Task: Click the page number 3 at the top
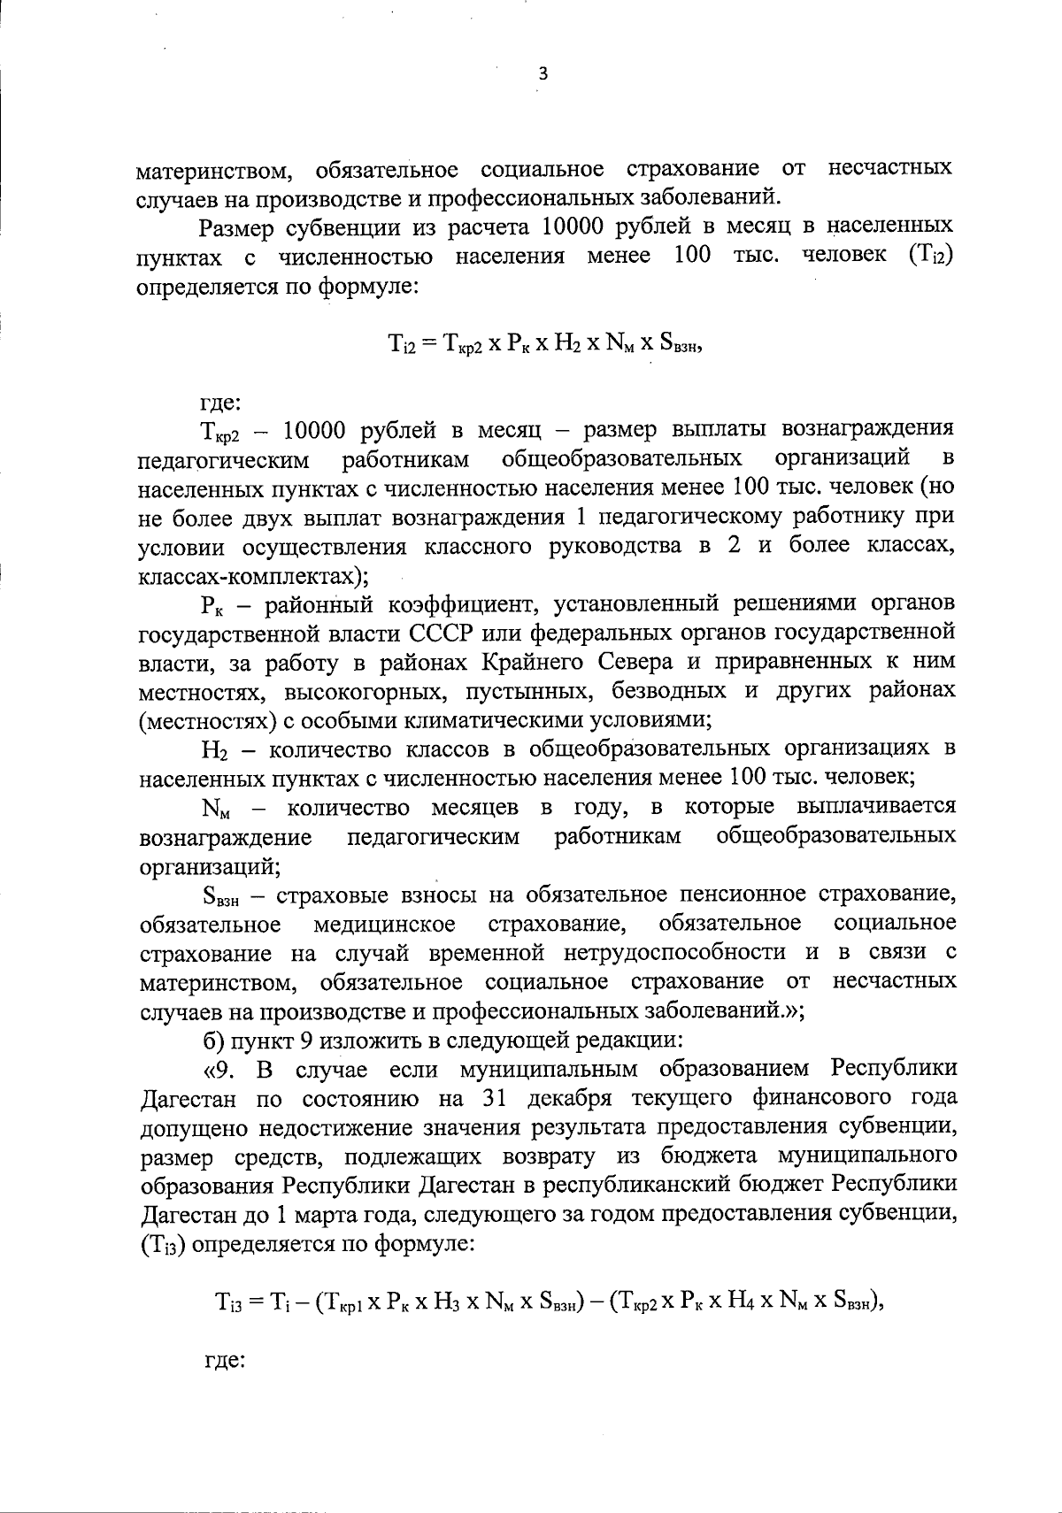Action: click(x=543, y=76)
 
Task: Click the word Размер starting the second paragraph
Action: click(x=236, y=227)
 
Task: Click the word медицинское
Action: click(x=385, y=924)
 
